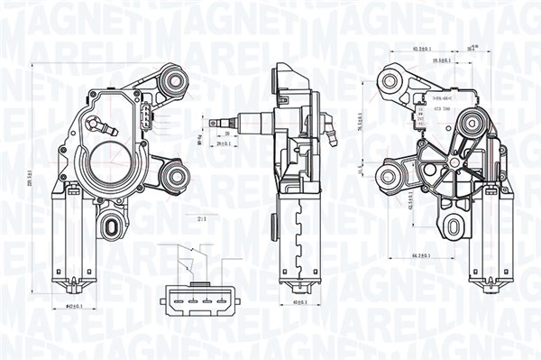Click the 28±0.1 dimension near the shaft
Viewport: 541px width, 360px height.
point(225,143)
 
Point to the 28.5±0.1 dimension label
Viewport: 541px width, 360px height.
point(443,60)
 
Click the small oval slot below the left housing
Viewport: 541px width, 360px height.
point(115,224)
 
